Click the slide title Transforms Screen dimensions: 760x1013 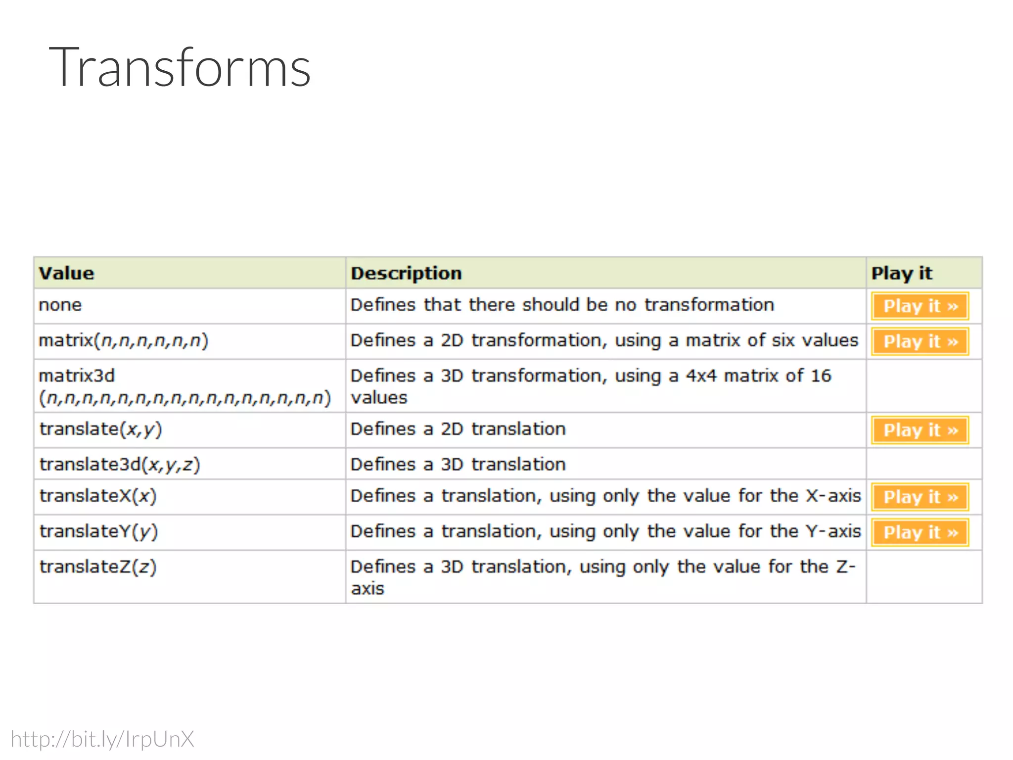[180, 67]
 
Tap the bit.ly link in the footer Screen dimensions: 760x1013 [102, 739]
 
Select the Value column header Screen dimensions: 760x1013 [67, 273]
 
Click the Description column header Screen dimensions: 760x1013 [406, 273]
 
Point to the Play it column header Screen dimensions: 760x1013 [901, 273]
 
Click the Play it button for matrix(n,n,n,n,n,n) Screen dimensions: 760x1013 [920, 341]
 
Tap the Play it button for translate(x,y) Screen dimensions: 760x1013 [920, 430]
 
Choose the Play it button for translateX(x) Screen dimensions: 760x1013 [920, 497]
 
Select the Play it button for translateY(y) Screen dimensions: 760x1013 [920, 532]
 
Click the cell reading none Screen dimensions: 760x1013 [60, 305]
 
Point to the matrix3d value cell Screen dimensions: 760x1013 [184, 386]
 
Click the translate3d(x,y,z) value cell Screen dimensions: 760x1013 [120, 465]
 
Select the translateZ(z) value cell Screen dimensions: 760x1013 [98, 567]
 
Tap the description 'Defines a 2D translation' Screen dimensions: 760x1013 [458, 429]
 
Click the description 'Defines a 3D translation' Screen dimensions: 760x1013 [458, 465]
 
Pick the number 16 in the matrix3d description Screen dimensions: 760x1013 [821, 376]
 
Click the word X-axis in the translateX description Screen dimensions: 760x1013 [833, 496]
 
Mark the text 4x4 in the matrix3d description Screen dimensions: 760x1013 [701, 376]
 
